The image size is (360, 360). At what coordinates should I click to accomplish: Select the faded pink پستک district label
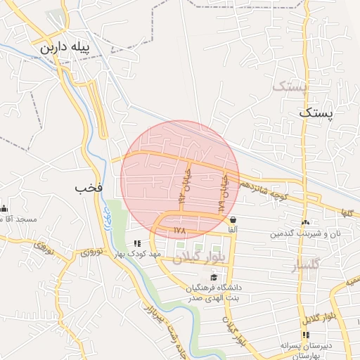point(290,87)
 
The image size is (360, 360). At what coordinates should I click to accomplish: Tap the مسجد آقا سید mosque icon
point(4,208)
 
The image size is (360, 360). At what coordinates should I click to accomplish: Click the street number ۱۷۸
point(179,230)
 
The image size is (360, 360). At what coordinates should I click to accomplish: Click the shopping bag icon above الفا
point(233,219)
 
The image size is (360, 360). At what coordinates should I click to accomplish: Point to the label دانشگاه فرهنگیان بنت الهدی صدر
point(214,292)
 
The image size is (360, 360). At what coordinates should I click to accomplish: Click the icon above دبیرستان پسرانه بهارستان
point(304,334)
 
